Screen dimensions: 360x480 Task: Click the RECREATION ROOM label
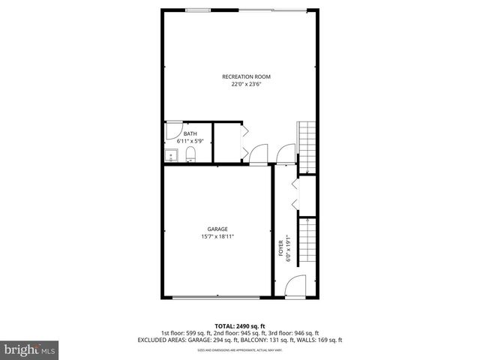point(246,76)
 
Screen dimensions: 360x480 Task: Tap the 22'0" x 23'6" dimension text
point(246,85)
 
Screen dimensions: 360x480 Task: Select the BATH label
point(190,134)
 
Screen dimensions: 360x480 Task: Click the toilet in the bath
point(190,155)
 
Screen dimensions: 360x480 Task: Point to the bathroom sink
point(170,155)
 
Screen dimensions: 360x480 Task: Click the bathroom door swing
point(172,128)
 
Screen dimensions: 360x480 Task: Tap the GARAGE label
point(217,229)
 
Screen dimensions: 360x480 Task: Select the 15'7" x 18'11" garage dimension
point(217,237)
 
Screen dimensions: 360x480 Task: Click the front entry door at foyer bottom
point(295,286)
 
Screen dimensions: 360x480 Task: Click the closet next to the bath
point(227,142)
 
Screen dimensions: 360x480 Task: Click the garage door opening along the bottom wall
point(216,297)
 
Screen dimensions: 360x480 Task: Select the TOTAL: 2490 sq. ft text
point(240,325)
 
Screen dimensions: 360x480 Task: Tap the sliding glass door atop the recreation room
point(272,9)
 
